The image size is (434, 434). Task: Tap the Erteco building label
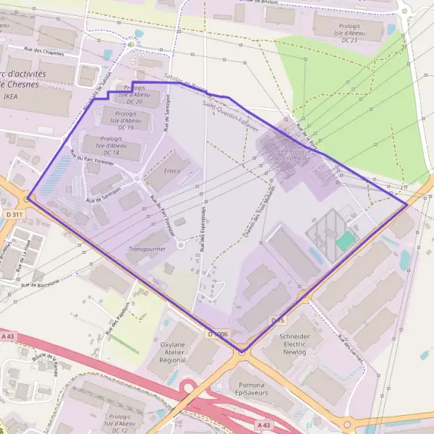(171, 171)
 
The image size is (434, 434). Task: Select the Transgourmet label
(147, 248)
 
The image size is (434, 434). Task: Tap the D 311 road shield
(14, 215)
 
